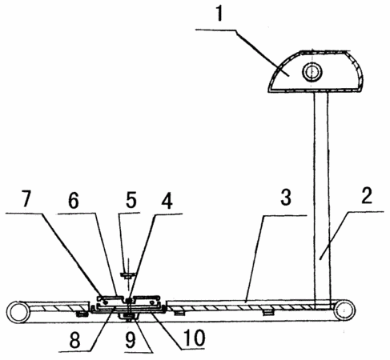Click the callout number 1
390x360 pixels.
pyautogui.click(x=219, y=13)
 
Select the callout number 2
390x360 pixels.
pyautogui.click(x=367, y=196)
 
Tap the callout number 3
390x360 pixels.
pyautogui.click(x=286, y=198)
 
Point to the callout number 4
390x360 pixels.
pyautogui.click(x=167, y=201)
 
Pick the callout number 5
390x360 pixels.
pyautogui.click(x=131, y=200)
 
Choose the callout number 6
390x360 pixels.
pyautogui.click(x=74, y=201)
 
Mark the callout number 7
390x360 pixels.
pyautogui.click(x=26, y=198)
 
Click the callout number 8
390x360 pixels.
pyautogui.click(x=74, y=340)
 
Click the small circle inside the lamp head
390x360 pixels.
pyautogui.click(x=312, y=71)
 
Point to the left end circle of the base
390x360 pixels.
pyautogui.click(x=18, y=312)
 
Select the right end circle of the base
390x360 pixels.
pyautogui.click(x=344, y=310)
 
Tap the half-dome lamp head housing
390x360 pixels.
pyautogui.click(x=316, y=71)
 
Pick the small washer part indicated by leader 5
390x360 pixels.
pyautogui.click(x=128, y=274)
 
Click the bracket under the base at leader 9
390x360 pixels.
pyautogui.click(x=129, y=317)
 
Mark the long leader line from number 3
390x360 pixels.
pyautogui.click(x=255, y=258)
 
